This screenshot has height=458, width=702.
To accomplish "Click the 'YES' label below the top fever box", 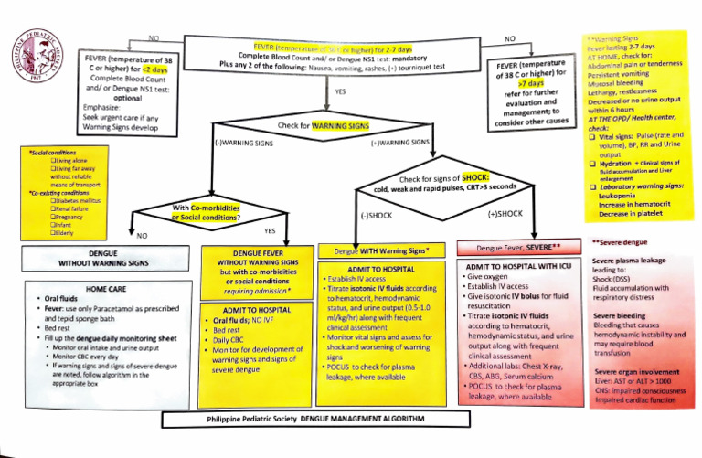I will click(x=340, y=92).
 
